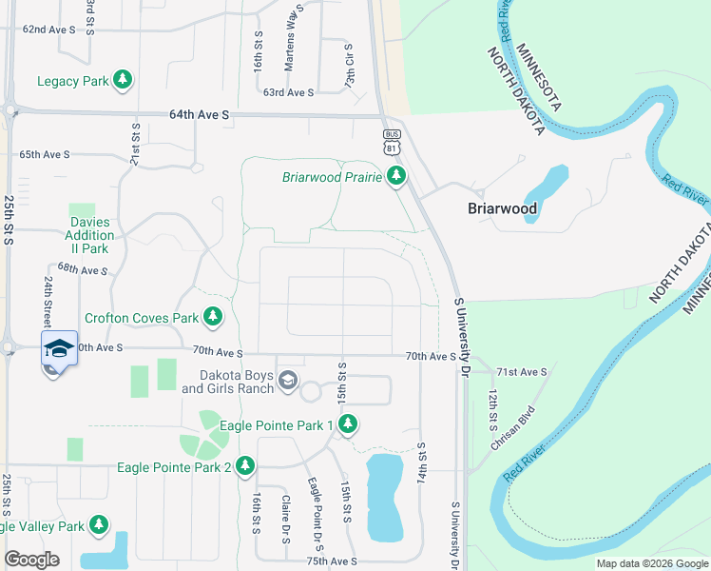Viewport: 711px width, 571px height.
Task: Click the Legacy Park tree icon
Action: pyautogui.click(x=122, y=81)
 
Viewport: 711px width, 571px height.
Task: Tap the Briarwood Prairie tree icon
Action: pyautogui.click(x=396, y=176)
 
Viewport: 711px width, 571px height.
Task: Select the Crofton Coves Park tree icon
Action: pyautogui.click(x=213, y=317)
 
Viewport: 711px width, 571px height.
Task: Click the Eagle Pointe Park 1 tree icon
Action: pyautogui.click(x=348, y=424)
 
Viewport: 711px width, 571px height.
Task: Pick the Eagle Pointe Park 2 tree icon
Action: pyautogui.click(x=245, y=466)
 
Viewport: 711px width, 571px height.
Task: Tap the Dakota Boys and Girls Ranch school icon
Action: pyautogui.click(x=287, y=382)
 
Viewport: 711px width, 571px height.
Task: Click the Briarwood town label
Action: pyautogui.click(x=502, y=208)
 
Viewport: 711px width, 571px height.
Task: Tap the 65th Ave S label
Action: pyautogui.click(x=47, y=154)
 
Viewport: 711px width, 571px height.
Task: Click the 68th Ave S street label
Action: pyautogui.click(x=83, y=270)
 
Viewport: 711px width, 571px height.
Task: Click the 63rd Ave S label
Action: pyautogui.click(x=288, y=92)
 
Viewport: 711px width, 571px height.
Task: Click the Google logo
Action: pyautogui.click(x=32, y=560)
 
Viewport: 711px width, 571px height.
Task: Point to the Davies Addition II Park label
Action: pyautogui.click(x=89, y=235)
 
